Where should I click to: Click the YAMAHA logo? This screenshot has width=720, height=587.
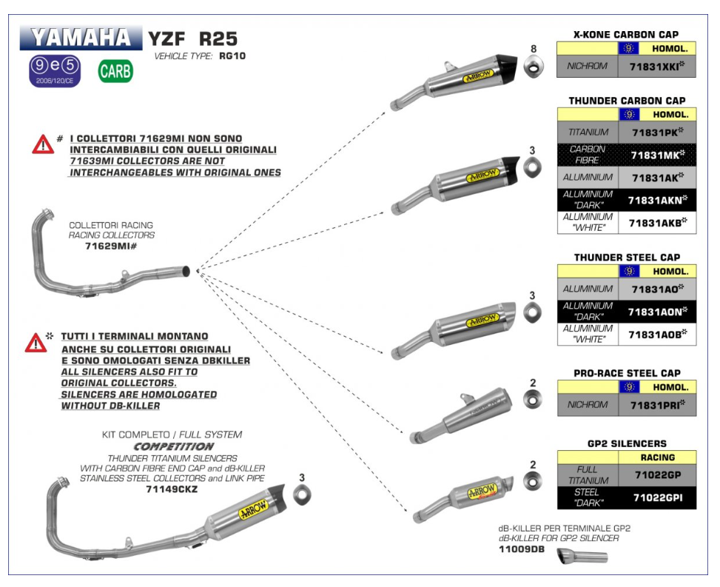pos(81,38)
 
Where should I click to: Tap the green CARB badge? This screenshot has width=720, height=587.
pos(115,71)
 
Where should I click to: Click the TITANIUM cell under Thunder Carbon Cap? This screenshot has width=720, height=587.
pos(588,133)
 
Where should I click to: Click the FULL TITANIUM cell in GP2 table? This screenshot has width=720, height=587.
pos(588,474)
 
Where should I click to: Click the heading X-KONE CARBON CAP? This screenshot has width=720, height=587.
pos(626,35)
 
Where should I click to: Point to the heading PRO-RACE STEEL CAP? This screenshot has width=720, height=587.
pos(626,373)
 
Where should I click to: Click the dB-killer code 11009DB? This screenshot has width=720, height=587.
pos(522,551)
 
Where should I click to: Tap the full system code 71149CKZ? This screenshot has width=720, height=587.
pos(172,489)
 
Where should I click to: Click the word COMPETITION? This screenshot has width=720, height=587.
pos(173,447)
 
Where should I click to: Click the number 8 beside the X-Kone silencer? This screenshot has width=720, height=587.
pos(533,50)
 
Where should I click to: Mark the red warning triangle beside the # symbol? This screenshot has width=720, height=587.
pos(43,144)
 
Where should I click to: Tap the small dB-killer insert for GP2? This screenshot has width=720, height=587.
pos(582,557)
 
